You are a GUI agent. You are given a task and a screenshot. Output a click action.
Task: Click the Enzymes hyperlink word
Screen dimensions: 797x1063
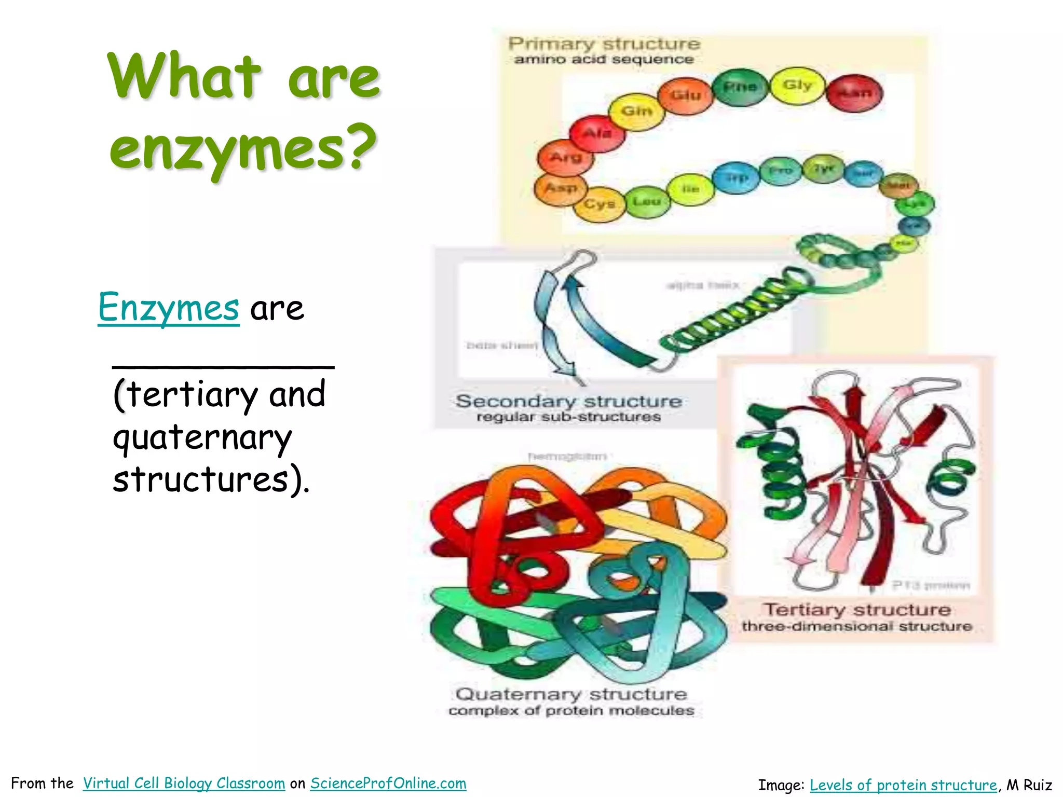(x=169, y=308)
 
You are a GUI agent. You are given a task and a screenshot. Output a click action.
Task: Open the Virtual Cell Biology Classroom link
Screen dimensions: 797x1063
(x=184, y=783)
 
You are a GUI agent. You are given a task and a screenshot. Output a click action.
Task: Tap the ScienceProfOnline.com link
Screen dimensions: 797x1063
(x=388, y=783)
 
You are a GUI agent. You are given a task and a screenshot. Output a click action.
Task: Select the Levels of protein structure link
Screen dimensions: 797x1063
(x=903, y=785)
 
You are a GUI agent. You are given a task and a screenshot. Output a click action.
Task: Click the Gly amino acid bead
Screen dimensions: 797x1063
(x=797, y=86)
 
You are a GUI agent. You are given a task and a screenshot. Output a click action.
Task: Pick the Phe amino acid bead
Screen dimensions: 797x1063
(x=740, y=87)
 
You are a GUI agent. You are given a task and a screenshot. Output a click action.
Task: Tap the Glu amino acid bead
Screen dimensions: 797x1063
(x=686, y=95)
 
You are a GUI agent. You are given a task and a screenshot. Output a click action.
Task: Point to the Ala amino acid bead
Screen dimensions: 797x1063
(x=597, y=134)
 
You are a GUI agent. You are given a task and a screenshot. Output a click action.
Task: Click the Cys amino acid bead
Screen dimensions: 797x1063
(x=599, y=204)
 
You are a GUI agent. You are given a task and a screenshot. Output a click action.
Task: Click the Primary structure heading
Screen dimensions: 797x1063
(x=604, y=44)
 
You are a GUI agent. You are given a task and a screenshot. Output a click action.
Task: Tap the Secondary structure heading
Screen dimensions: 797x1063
(x=568, y=401)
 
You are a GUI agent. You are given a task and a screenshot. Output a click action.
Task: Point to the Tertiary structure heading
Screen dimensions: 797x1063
(x=856, y=609)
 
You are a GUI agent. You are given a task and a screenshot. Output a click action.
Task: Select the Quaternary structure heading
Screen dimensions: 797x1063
(x=571, y=694)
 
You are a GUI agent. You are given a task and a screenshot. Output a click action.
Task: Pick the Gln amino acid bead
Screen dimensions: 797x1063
(x=636, y=112)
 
